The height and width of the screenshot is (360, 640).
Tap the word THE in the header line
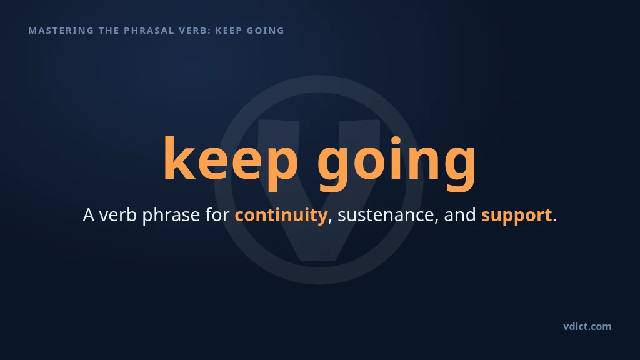[x=109, y=31]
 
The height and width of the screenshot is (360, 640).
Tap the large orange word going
[x=397, y=163]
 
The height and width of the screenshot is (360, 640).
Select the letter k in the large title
[x=179, y=157]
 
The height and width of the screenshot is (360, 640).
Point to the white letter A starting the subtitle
[x=89, y=215]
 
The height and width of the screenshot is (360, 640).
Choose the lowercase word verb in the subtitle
[x=118, y=215]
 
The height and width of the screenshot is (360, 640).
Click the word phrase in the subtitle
[x=171, y=216]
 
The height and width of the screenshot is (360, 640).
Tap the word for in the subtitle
[x=217, y=215]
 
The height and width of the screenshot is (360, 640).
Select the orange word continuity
[x=281, y=216]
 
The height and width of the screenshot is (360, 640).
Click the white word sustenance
[x=386, y=215]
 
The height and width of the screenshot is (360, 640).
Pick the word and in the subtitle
[x=460, y=215]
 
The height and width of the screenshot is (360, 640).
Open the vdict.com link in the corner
[x=587, y=326]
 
